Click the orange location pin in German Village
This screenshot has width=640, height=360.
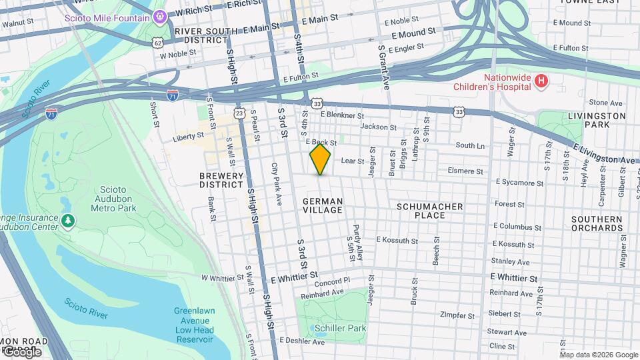(x=320, y=159)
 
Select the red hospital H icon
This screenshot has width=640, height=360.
(x=541, y=81)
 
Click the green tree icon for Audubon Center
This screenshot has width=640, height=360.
(x=67, y=219)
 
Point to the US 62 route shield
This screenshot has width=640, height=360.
(x=157, y=42)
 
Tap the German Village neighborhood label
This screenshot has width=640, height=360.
(x=323, y=205)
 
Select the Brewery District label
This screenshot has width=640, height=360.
(x=221, y=180)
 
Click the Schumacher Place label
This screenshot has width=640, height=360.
(x=430, y=211)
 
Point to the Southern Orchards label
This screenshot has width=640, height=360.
(x=597, y=223)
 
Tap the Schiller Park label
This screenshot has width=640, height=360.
(x=341, y=329)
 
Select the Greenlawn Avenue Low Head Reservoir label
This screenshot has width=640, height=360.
(x=193, y=325)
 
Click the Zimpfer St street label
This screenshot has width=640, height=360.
(x=457, y=315)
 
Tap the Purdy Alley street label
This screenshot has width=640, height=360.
(x=358, y=241)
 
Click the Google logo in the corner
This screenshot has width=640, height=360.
(x=22, y=351)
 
